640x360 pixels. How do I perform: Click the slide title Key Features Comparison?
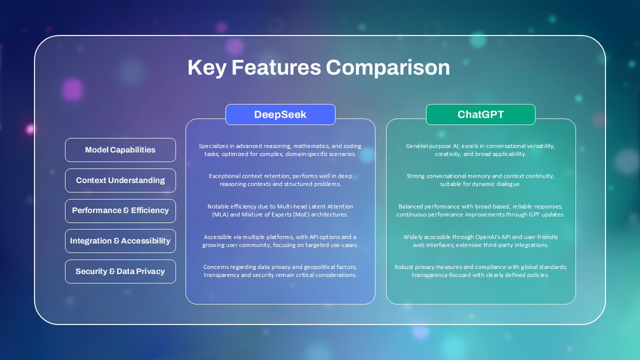[318, 68]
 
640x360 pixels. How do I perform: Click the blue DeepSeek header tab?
[280, 114]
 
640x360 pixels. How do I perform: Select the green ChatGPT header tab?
[480, 114]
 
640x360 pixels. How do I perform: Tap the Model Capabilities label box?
[120, 150]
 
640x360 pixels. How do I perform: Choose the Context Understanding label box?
[120, 180]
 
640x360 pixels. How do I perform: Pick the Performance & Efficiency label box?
[120, 210]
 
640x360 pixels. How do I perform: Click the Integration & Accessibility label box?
[120, 241]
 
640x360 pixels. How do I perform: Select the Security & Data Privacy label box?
[120, 271]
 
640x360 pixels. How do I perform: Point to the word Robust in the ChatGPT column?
[404, 267]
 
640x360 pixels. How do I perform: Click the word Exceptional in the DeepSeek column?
[224, 176]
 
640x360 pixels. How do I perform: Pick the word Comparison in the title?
[387, 68]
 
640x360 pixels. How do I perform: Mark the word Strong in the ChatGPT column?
[416, 176]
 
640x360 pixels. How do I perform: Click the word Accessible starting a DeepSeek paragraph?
[218, 237]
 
